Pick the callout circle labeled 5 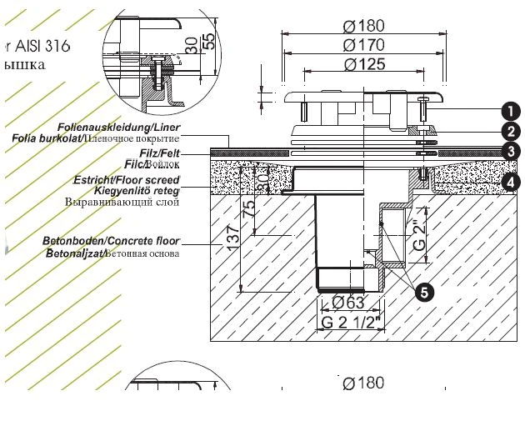coord(425,292)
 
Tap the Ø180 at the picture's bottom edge coord(363,383)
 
